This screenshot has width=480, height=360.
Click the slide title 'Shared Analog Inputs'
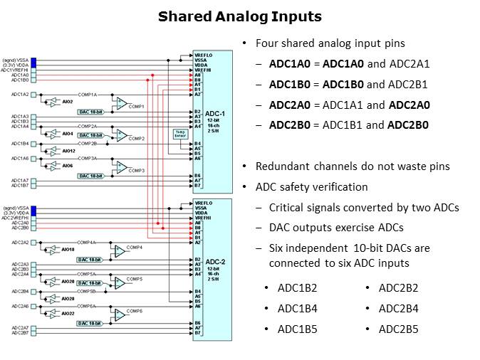(239, 16)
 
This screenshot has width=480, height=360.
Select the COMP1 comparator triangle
(122, 102)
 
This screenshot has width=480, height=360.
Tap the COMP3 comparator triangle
(122, 167)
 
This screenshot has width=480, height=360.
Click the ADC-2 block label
(214, 261)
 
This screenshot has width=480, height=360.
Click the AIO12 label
(68, 151)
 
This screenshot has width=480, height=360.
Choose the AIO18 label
(68, 250)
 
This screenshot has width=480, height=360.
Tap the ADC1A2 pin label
(20, 95)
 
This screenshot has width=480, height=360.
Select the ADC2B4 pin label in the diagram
(20, 291)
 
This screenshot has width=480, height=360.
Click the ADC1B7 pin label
(20, 185)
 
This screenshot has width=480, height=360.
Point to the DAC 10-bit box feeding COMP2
(91, 135)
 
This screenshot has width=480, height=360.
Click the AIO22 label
(68, 313)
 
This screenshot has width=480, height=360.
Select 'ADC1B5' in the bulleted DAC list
(297, 329)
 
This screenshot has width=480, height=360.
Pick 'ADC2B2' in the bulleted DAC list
(398, 287)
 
